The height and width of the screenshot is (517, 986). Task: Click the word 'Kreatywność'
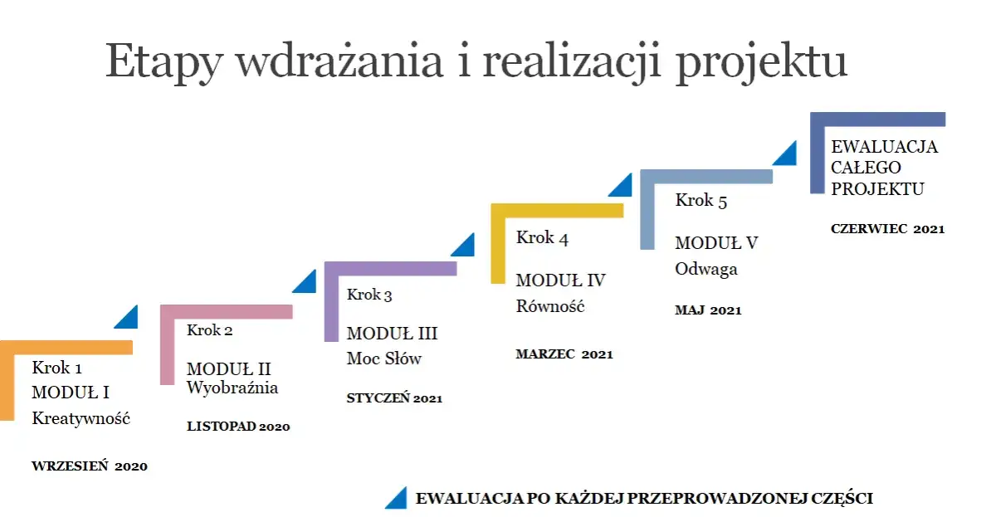coord(81,418)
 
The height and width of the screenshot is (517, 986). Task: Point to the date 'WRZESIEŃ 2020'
coord(90,466)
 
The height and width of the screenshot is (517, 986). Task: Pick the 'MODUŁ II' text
coord(229,369)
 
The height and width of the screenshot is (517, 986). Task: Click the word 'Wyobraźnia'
coord(232,388)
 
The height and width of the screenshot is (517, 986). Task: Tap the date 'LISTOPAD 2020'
coord(238,427)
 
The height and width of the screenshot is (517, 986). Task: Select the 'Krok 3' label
coord(369,295)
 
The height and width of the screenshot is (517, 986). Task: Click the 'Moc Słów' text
coord(384,358)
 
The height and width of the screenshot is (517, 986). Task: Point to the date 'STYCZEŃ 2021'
coord(394,398)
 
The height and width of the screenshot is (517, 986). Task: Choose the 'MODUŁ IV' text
coord(561,280)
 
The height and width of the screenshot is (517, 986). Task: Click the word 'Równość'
coord(550,306)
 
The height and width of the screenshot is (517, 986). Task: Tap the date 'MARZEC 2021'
coord(564,354)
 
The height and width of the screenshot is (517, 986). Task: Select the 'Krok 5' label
coord(701,200)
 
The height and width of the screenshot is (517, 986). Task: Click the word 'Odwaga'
coord(706,269)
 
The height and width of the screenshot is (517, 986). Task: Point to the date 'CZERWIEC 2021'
coord(887,229)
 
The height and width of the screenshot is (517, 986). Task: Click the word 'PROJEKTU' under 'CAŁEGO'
coord(877,189)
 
